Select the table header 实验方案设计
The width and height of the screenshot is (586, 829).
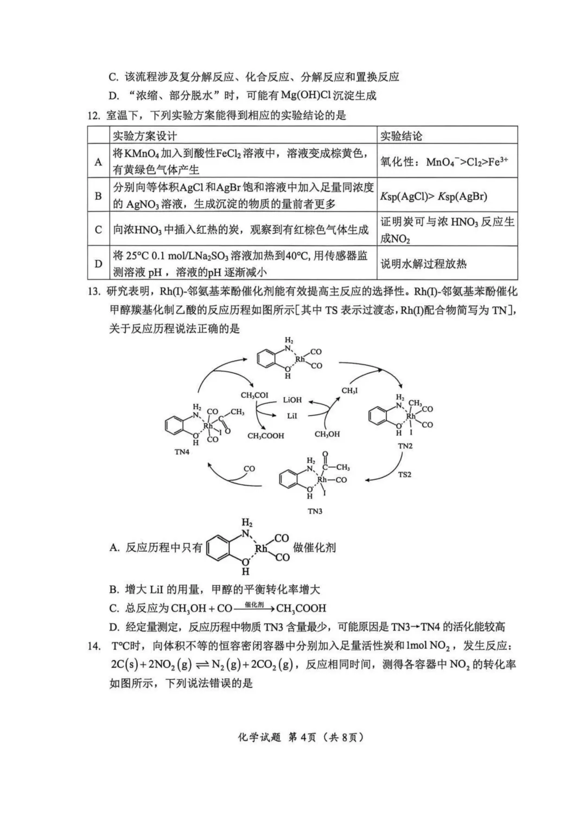pos(145,136)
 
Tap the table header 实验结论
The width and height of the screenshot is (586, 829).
pos(401,136)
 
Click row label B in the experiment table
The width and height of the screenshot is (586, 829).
pos(98,195)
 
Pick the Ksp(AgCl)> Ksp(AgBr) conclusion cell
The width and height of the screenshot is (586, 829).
pos(433,196)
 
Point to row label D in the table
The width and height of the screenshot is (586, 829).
pos(98,264)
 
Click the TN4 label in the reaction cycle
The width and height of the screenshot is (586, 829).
pos(182,451)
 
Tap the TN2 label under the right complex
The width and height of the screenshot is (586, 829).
pos(405,445)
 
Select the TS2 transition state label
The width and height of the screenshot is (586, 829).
pos(405,474)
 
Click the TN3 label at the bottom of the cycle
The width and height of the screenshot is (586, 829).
pos(315,511)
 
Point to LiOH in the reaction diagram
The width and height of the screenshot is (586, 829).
pos(292,400)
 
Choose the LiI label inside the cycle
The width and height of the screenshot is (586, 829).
pos(292,415)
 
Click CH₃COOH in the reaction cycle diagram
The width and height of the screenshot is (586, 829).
pos(265,435)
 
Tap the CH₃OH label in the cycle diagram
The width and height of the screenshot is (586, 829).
pos(327,434)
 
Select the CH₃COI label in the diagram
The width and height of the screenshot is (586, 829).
pos(254,396)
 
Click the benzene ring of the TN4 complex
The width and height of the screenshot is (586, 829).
pos(172,425)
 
